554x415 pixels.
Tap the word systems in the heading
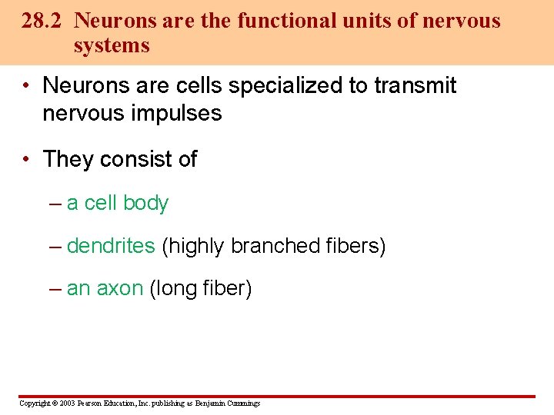point(112,46)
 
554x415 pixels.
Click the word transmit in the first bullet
point(415,85)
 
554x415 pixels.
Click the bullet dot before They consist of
point(26,159)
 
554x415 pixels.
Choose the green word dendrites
point(111,246)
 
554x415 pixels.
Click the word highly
point(195,247)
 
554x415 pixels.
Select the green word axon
point(119,289)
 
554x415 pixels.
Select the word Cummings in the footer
point(243,403)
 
